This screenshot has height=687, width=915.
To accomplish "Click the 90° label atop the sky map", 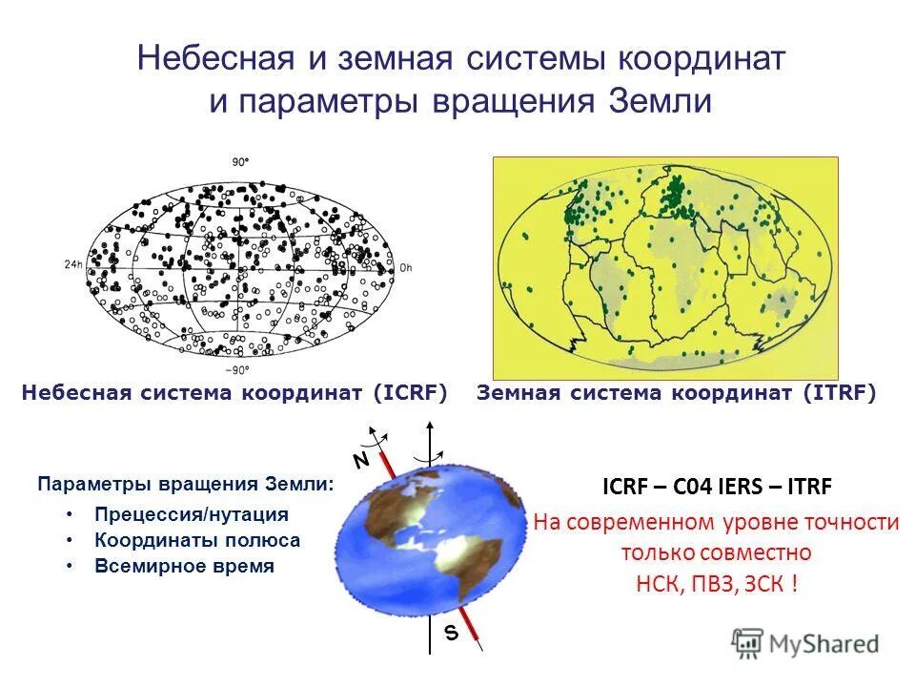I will point(239,163).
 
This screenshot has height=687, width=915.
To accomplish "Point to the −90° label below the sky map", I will point(235,370).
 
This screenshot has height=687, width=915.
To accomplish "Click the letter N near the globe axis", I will point(360,460).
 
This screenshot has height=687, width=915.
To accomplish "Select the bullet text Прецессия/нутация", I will point(191,514).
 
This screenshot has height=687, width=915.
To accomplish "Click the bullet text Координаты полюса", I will point(197,540).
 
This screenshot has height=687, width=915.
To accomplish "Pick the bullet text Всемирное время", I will point(184,566).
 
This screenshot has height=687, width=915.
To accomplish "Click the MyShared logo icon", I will point(748,642).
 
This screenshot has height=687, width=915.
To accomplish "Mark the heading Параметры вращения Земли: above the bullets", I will point(186,484).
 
